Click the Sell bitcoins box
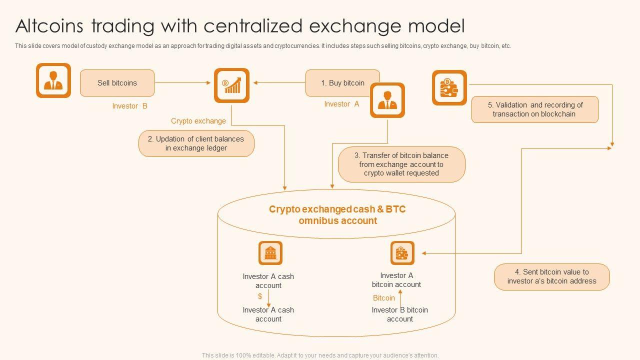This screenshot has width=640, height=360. [x=117, y=83]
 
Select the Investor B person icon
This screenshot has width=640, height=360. [x=53, y=80]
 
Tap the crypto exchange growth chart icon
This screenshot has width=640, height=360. [x=231, y=85]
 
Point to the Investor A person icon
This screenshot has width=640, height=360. [x=387, y=100]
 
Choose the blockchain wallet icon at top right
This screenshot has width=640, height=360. [x=449, y=88]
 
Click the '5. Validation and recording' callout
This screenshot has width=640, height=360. [x=535, y=109]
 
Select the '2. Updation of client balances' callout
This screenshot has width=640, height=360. [x=196, y=143]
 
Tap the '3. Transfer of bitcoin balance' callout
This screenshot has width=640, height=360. [x=401, y=164]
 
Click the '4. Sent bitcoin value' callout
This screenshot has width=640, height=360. [x=552, y=276]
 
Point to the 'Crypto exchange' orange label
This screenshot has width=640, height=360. [x=198, y=121]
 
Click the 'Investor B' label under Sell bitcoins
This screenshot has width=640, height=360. [x=129, y=106]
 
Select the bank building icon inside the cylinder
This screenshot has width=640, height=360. [x=270, y=253]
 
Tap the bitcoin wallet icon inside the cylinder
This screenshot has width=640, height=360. [x=402, y=253]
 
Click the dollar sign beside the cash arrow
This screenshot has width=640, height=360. [x=260, y=296]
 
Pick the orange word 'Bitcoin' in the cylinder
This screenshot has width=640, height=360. [x=384, y=298]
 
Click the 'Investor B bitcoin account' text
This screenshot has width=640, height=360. [x=400, y=314]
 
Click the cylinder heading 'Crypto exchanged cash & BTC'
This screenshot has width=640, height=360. [x=337, y=209]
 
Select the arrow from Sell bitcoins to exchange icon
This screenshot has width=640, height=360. [x=183, y=83]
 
